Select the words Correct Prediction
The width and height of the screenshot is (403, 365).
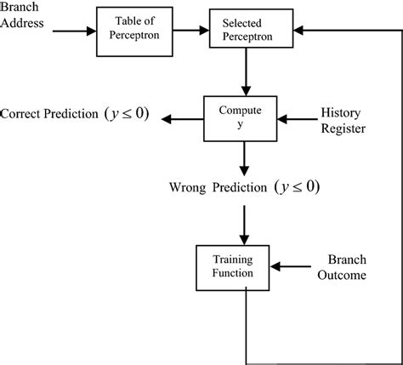(51, 114)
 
